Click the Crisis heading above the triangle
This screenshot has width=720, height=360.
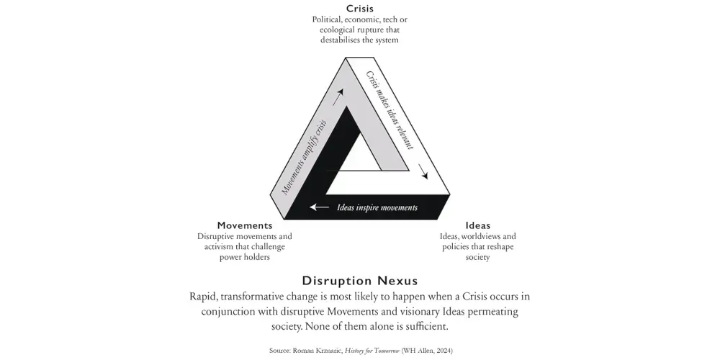(x=360, y=9)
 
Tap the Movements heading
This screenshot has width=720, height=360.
(x=245, y=225)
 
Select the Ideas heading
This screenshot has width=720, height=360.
(x=477, y=225)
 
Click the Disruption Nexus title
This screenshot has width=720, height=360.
(x=360, y=280)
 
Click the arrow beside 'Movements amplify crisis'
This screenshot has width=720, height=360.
(x=338, y=96)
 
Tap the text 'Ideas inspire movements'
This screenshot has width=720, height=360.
(x=377, y=208)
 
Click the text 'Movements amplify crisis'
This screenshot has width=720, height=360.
(x=304, y=156)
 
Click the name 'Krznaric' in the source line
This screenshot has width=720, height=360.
(x=325, y=351)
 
